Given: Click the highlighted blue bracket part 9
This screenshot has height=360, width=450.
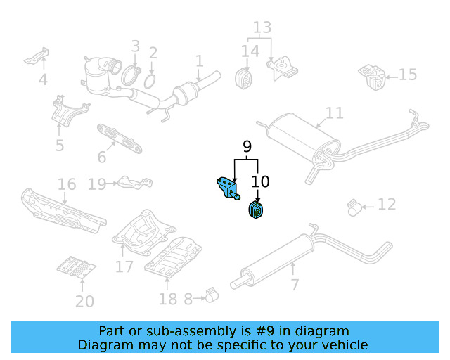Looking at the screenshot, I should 226,188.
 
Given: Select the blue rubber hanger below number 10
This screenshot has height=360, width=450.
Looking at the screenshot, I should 257,210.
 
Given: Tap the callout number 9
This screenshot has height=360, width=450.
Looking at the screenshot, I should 247,147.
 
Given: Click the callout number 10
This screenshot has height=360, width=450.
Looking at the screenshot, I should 259,182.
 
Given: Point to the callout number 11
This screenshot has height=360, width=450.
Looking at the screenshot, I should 335,113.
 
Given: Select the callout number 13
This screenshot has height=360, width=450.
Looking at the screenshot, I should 262,28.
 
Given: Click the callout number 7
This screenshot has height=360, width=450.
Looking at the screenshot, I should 295,285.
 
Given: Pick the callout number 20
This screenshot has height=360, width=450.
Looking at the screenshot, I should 84,302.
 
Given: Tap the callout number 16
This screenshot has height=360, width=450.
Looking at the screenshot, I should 67,185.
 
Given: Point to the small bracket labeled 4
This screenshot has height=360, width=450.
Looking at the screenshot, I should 37,56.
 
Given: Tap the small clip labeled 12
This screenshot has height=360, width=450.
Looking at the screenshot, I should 355,207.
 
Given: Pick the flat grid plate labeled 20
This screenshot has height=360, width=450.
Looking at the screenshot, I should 75,267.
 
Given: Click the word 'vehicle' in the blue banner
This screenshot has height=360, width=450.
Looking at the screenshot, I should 345,345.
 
